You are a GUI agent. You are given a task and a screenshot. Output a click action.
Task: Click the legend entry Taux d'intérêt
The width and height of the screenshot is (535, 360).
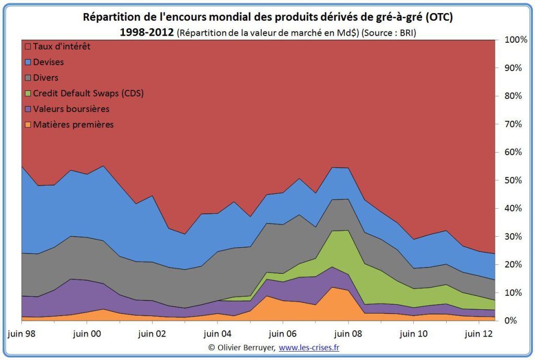61,47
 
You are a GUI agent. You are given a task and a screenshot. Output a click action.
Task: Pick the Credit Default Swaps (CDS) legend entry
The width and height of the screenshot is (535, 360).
88,94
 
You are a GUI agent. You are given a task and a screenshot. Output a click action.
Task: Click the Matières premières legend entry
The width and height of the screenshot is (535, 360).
73,125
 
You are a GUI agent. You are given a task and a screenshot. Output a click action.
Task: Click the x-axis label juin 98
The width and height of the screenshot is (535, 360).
21,332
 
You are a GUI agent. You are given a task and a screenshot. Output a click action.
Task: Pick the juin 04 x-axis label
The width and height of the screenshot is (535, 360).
217,332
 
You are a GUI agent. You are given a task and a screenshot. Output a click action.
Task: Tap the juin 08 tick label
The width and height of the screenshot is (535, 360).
347,332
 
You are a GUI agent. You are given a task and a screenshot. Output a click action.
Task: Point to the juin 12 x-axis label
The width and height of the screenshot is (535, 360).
479,332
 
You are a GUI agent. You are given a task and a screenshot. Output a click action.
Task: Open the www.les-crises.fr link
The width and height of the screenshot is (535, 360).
312,347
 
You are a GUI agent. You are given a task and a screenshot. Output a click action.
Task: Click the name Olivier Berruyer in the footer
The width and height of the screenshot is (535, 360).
246,347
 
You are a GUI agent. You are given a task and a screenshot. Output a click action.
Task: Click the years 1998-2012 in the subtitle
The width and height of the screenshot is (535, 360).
147,32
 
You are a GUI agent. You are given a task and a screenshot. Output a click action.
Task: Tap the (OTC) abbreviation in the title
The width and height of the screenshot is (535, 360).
439,17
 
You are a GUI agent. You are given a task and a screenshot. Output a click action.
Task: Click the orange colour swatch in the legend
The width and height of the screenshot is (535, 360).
28,125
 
